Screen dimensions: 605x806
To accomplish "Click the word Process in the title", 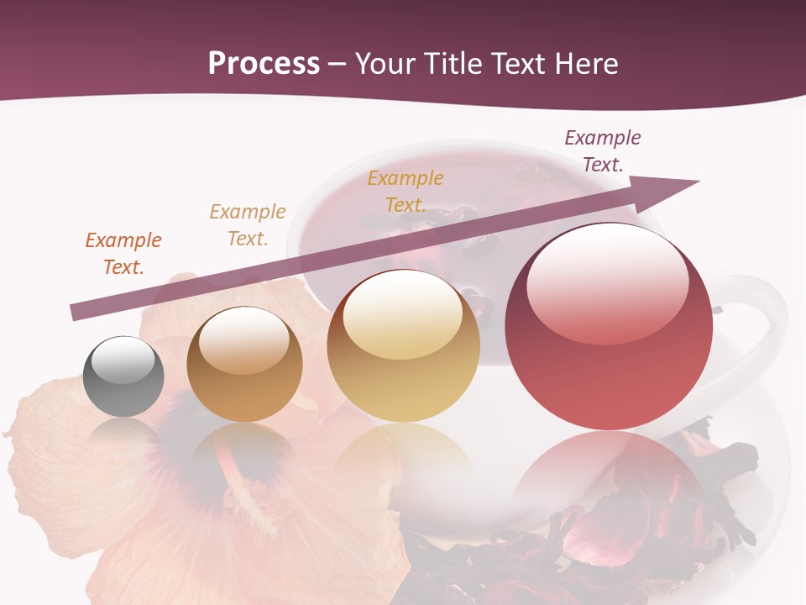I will [264, 63].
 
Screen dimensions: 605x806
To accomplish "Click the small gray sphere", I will [123, 376].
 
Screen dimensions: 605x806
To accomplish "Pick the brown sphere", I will [244, 365].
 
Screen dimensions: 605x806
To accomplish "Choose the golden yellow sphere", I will [403, 345].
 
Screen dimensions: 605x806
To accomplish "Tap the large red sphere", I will [609, 326].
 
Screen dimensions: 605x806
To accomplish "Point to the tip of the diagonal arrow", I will [697, 181].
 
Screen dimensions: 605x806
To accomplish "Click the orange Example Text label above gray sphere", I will [123, 254].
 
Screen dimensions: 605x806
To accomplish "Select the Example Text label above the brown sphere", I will [248, 225].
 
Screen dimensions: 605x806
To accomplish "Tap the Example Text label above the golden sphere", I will [406, 192].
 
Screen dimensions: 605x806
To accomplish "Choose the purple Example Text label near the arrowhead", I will [603, 151].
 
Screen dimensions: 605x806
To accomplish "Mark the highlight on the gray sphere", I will [123, 360].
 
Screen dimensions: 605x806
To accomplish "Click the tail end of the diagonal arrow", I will [76, 313].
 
